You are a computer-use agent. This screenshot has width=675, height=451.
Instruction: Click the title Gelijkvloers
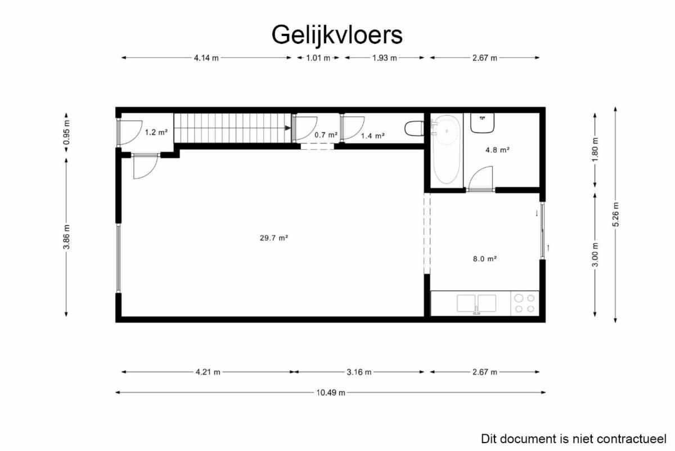click(337, 35)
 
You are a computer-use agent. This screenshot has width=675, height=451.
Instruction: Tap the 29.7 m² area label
click(274, 238)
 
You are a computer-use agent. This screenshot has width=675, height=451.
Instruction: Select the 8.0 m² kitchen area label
click(484, 259)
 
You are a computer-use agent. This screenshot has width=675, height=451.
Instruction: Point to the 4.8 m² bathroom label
click(497, 150)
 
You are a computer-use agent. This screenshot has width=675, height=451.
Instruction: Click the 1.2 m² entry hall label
click(156, 132)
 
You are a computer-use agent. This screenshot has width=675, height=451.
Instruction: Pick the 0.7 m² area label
click(326, 135)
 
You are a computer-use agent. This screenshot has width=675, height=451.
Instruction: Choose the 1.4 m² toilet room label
click(373, 136)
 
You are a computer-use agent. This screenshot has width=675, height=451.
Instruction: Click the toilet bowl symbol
click(415, 128)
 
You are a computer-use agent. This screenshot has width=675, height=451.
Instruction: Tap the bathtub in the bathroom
click(447, 149)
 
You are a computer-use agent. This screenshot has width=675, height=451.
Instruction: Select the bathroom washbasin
click(482, 123)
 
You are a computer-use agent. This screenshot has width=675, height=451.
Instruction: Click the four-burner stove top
click(525, 303)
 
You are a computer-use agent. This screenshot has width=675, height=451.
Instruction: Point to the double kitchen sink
click(476, 303)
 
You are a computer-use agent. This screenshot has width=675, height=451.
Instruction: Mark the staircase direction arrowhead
click(288, 128)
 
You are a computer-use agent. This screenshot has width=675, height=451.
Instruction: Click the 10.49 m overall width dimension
click(331, 392)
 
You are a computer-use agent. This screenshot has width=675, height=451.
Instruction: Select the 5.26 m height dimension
click(615, 215)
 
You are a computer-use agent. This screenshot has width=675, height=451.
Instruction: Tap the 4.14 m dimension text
click(206, 58)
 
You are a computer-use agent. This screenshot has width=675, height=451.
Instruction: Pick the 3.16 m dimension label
click(359, 372)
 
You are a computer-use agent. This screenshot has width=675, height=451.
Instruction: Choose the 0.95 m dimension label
click(66, 132)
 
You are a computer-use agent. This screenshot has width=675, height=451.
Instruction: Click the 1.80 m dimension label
click(595, 150)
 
